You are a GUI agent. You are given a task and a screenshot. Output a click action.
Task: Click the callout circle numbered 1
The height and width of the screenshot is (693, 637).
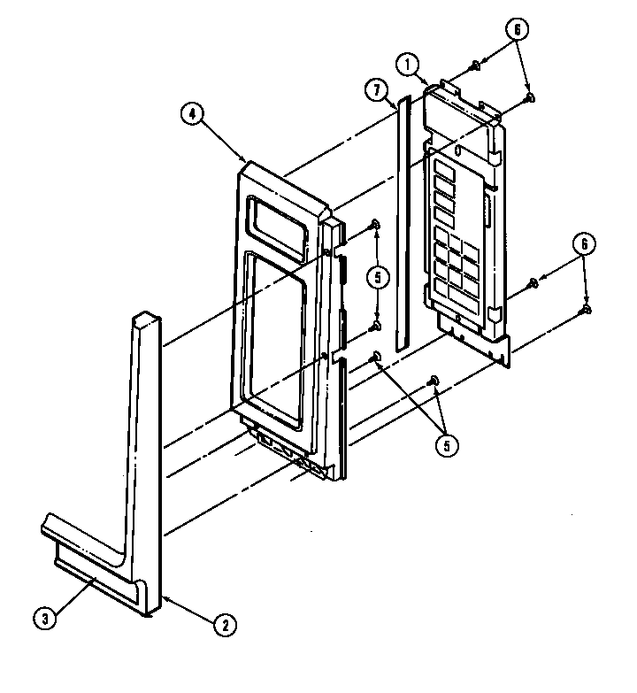pos(407,65)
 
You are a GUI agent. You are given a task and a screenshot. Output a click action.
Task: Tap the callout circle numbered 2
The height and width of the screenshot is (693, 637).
pos(226,625)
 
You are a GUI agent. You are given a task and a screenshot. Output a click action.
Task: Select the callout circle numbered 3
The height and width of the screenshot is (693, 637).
pos(45,619)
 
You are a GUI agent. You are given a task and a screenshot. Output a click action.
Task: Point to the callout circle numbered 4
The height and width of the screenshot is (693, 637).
pos(192,113)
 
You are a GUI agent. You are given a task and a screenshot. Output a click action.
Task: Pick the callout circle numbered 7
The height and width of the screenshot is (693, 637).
pos(376,90)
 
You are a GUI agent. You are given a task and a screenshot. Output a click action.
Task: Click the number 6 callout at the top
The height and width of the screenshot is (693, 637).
pos(517,29)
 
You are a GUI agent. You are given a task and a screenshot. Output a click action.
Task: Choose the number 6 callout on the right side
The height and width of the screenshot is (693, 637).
pos(584,244)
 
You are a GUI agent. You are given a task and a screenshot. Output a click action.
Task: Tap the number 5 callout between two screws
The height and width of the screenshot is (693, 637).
pos(378,278)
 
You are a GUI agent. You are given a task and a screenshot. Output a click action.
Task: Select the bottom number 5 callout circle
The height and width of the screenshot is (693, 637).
pos(447,445)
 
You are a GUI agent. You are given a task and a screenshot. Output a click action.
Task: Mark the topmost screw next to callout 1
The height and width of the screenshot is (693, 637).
pos(475,65)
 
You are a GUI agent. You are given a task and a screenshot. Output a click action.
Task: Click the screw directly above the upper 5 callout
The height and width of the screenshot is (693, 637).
pos(374,225)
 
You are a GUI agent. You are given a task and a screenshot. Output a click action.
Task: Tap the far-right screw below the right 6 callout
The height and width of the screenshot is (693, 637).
pos(587,310)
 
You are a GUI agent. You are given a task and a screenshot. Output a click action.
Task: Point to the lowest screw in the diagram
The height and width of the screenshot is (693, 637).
pos(434,380)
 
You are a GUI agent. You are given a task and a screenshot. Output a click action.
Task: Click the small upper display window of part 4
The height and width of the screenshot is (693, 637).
pos(277,227)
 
